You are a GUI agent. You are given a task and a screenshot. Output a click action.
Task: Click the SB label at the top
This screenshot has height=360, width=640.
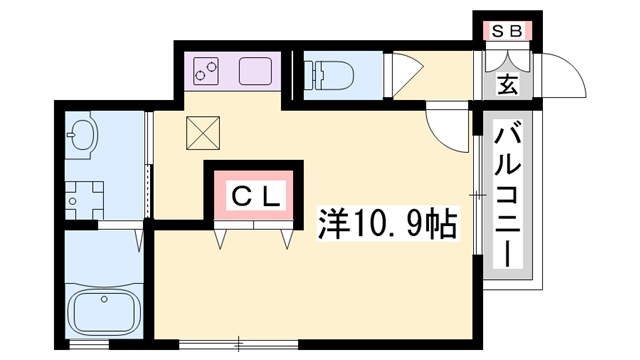pos(506,31)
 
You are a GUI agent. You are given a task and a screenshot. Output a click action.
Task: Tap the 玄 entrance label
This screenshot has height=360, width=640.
pos(507,84)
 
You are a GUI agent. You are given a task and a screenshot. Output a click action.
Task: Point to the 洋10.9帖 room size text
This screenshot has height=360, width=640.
pos(387,223)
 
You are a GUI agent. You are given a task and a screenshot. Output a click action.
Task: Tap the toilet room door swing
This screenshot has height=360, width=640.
pos(407,76)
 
